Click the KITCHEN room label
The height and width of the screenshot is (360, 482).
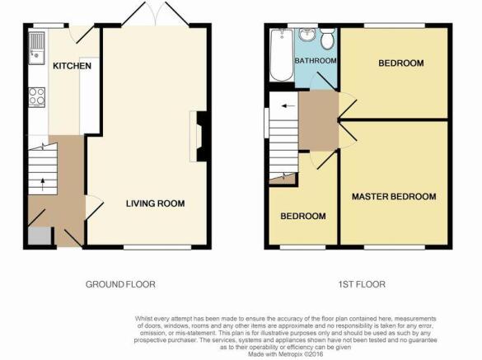click(72, 66)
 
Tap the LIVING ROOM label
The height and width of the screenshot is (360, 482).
click(155, 203)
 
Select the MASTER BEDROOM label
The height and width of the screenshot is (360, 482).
click(394, 196)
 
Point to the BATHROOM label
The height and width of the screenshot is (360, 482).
click(316, 61)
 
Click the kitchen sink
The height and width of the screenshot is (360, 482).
click(37, 48)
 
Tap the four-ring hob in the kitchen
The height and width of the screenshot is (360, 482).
click(37, 97)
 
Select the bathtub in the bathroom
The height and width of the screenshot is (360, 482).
click(282, 55)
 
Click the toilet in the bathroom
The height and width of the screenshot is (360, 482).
click(327, 39)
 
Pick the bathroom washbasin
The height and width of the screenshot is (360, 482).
click(307, 35)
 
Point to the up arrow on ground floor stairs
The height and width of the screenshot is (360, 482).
click(42, 185)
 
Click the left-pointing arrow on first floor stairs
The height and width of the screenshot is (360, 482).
click(288, 106)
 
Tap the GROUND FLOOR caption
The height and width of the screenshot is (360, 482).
click(120, 284)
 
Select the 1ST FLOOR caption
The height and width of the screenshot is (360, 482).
click(362, 284)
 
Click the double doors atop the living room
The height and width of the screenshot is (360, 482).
click(156, 13)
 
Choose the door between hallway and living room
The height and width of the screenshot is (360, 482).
click(94, 208)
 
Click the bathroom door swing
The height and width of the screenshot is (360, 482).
click(323, 82)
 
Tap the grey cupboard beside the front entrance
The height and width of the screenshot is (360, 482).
click(40, 236)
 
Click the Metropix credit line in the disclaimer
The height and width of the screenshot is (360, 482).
click(286, 354)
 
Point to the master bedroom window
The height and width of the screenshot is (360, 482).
click(395, 247)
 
